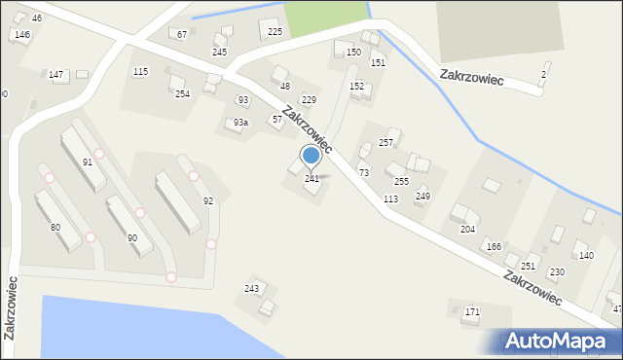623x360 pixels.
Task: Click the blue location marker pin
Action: pyautogui.click(x=311, y=155)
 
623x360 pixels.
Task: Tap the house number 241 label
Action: pyautogui.click(x=311, y=179)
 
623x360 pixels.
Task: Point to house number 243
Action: pyautogui.click(x=251, y=289)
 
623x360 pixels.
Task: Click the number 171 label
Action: pyautogui.click(x=472, y=312)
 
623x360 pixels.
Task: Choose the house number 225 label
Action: pyautogui.click(x=275, y=32)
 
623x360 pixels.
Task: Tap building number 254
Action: pyautogui.click(x=182, y=94)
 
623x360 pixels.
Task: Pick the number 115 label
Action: pyautogui.click(x=140, y=72)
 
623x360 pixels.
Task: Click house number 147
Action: pyautogui.click(x=56, y=75)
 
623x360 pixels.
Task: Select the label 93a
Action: pyautogui.click(x=240, y=123)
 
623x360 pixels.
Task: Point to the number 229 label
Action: pyautogui.click(x=309, y=100)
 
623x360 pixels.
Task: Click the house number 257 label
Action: pyautogui.click(x=385, y=143)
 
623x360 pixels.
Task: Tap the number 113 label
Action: pyautogui.click(x=390, y=198)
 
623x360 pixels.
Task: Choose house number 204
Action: pyautogui.click(x=467, y=229)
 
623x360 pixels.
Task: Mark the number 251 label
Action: pyautogui.click(x=528, y=266)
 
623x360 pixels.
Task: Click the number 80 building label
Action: pyautogui.click(x=55, y=227)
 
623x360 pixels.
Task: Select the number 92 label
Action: pyautogui.click(x=207, y=200)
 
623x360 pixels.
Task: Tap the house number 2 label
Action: pyautogui.click(x=543, y=75)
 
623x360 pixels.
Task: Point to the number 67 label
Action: pyautogui.click(x=182, y=35)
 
